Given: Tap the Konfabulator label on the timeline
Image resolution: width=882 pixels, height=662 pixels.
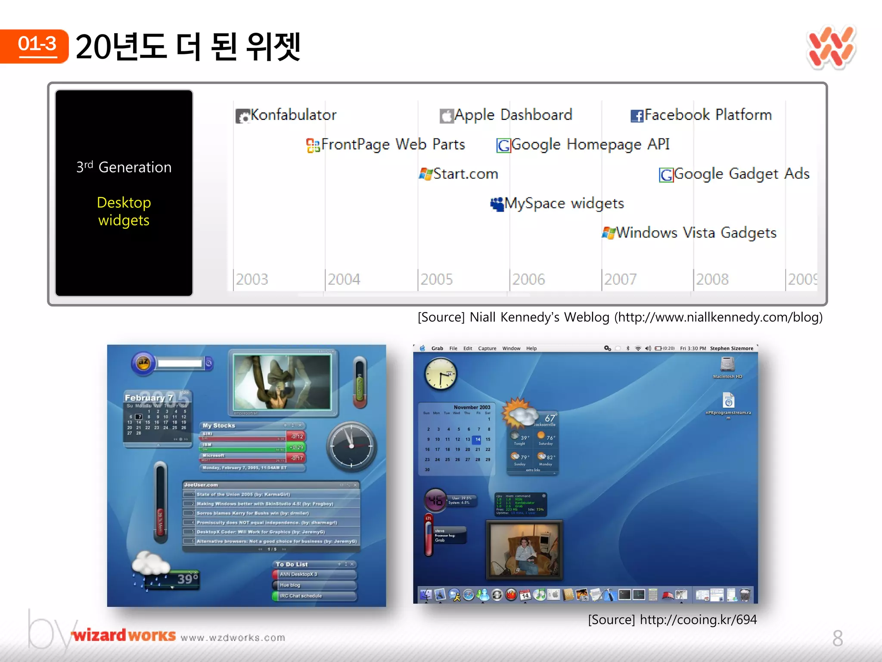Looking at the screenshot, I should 293,115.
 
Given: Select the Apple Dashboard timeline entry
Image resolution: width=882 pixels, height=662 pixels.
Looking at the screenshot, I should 512,115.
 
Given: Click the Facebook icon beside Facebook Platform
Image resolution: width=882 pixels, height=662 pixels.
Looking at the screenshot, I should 637,116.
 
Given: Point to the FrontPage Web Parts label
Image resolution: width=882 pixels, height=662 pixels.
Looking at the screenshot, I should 393,144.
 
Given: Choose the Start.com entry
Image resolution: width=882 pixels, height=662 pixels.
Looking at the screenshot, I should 465,174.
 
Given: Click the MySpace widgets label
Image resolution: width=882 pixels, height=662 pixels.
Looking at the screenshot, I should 564,203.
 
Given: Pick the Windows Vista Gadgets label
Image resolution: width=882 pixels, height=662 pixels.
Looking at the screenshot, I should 696,233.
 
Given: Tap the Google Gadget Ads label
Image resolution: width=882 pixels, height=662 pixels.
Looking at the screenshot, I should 741,174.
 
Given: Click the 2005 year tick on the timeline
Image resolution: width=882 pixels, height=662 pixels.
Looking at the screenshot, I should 436,279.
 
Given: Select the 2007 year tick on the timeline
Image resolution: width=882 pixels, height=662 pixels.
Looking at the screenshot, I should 620,279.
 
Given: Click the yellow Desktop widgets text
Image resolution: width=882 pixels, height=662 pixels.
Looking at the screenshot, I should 124,211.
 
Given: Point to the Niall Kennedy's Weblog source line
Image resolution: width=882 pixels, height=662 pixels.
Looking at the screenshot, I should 620,317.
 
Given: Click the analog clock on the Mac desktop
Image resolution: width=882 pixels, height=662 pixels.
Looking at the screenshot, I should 440,375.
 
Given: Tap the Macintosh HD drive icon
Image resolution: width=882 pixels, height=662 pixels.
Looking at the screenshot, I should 727,365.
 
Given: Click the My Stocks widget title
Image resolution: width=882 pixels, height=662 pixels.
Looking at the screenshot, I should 219,425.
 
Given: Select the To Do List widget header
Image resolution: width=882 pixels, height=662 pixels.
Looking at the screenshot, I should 292,564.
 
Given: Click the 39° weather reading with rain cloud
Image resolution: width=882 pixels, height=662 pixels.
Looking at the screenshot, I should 188,578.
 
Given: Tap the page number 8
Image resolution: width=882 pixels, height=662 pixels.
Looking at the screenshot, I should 837,638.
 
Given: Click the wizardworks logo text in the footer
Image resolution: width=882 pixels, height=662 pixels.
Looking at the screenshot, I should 124,635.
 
